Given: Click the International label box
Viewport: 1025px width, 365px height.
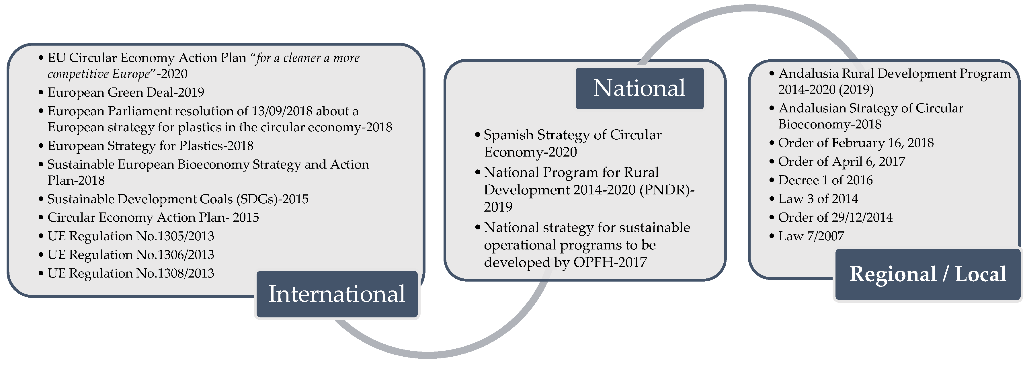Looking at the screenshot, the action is coord(337,294).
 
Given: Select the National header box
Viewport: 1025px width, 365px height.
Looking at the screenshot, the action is coord(639,88).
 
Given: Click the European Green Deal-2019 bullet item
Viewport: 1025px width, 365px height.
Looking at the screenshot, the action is coord(126,92).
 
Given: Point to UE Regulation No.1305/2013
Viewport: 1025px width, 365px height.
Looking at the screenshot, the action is coord(131,236).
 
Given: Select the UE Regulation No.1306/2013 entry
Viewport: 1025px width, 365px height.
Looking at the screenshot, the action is coord(131,255).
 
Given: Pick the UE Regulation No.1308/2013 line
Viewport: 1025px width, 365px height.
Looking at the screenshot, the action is coord(131,274).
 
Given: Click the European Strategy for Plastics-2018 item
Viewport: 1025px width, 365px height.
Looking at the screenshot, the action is coord(151,146).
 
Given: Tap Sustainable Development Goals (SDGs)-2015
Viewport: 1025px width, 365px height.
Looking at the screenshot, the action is coord(178,199).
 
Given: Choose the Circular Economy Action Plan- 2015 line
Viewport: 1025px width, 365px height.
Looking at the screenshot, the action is coord(153,217).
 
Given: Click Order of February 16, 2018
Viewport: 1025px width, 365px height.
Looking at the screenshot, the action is coord(856,143).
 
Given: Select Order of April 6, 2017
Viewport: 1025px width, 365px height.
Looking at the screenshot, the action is coord(842,162).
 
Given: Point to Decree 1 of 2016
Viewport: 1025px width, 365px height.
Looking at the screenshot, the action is coord(825,180).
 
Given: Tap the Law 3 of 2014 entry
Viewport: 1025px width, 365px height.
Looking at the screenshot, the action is coord(818,199).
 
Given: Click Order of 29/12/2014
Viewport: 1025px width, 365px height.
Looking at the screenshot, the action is coord(835,217).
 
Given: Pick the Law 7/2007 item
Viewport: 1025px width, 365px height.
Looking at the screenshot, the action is coord(811,236).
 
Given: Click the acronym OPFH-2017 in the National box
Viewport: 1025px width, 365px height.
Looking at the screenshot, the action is coord(610,262).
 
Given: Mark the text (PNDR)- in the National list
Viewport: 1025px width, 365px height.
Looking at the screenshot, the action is coord(667,190).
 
